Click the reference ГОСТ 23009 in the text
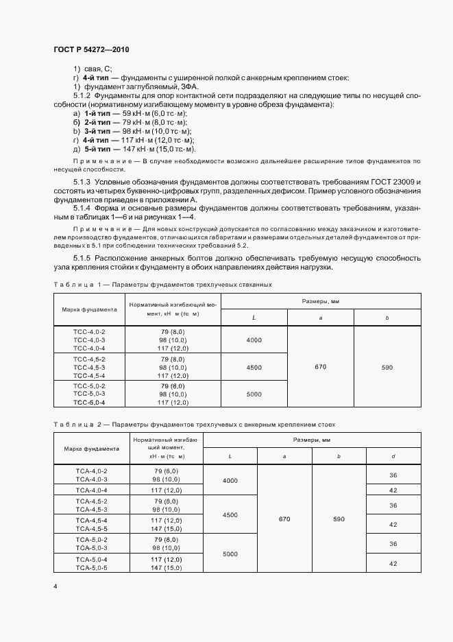pos(396,180)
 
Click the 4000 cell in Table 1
pos(254,340)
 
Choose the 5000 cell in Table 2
pos(230,554)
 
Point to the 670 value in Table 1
pos(320,368)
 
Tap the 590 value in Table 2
pos(339,519)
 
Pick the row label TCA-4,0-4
pos(92,490)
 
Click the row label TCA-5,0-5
pos(92,569)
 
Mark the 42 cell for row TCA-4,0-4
pos(393,490)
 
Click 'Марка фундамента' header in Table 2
pos(92,449)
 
